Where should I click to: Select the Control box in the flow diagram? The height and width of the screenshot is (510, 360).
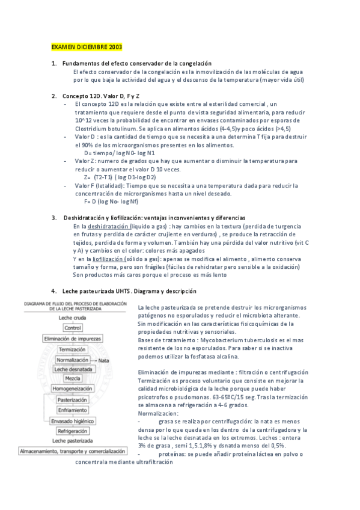point(73,328)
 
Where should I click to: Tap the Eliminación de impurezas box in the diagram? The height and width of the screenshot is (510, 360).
point(73,339)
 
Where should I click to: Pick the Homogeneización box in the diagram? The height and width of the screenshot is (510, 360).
point(73,389)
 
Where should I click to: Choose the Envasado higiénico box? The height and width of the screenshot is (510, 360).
point(73,420)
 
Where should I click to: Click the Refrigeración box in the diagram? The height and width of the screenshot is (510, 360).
point(73,431)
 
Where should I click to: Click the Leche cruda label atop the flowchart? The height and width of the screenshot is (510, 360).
point(73,318)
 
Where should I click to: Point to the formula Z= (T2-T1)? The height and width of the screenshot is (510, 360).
point(120,177)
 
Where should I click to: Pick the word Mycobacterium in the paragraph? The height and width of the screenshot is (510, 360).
point(213,339)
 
